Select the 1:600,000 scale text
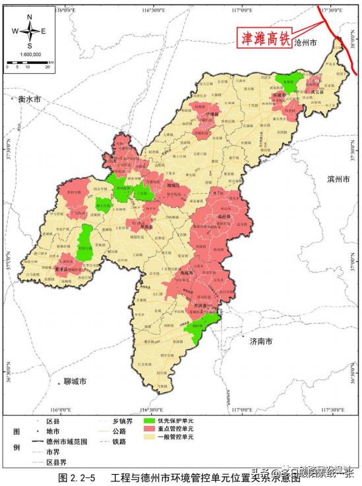point(30,54)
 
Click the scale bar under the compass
point(30,63)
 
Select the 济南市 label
point(260,342)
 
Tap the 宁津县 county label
point(212,114)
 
